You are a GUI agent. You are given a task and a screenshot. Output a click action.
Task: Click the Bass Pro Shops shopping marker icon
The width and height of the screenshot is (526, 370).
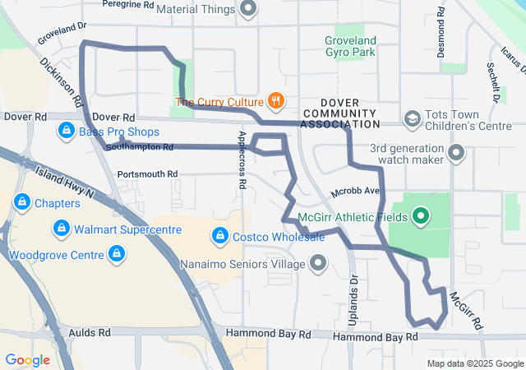click(x=66, y=131)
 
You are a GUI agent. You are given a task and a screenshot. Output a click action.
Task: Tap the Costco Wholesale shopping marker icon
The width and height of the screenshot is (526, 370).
click(x=219, y=237)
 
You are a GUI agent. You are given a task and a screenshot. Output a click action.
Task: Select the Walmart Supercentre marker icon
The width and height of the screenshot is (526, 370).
click(x=60, y=228)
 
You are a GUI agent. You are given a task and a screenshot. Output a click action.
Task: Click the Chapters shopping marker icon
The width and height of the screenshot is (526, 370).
click(x=21, y=202)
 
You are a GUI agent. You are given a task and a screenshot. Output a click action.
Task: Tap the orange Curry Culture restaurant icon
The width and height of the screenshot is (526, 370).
click(x=275, y=102)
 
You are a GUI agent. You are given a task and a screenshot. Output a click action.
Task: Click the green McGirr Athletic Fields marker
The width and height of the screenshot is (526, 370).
click(x=421, y=216)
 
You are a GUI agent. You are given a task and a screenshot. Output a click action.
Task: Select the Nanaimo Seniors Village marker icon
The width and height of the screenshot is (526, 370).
click(x=317, y=264)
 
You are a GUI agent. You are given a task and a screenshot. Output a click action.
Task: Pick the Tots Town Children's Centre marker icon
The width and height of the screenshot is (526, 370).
click(x=412, y=119)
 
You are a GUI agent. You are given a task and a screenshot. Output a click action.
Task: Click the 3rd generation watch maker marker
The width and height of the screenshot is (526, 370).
click(x=456, y=152)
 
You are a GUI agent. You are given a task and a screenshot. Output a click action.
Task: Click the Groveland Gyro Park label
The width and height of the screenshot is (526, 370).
click(x=350, y=46)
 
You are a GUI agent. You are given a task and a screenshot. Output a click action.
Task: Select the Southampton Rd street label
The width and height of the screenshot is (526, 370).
click(x=140, y=148)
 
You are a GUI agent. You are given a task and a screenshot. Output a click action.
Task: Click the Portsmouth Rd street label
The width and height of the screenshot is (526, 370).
click(x=147, y=174)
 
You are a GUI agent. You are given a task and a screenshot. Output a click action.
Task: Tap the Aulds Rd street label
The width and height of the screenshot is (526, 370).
click(x=92, y=333)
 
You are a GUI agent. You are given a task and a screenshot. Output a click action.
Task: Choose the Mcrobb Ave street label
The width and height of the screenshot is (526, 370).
click(x=354, y=192)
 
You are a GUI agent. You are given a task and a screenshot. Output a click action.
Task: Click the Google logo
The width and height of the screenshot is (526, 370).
click(x=27, y=359)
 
